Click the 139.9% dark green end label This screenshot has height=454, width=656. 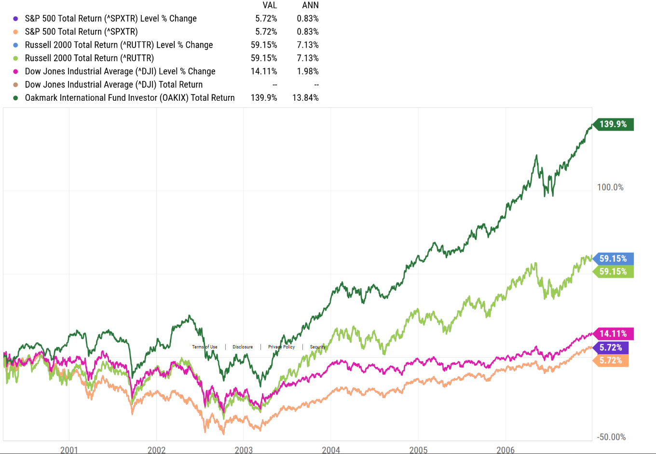tap(613, 124)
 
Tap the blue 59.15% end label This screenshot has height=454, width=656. tap(613, 259)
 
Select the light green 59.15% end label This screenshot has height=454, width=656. tap(613, 272)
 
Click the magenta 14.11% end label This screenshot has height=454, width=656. tap(613, 334)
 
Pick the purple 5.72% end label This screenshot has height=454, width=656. tap(611, 347)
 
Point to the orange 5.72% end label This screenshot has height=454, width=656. tap(611, 361)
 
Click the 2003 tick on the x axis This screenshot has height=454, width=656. tap(244, 450)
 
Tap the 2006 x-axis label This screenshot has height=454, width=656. tap(506, 450)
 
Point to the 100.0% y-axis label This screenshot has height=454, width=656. tap(610, 187)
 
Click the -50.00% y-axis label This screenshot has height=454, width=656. tap(611, 437)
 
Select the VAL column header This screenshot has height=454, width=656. tap(270, 5)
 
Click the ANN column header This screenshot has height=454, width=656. tap(310, 5)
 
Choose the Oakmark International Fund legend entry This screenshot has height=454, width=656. tap(130, 98)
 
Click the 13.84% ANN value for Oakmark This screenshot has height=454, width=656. tap(305, 98)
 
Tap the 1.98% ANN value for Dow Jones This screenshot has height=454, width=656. tap(308, 71)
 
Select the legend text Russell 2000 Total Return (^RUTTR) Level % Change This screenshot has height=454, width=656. tap(119, 45)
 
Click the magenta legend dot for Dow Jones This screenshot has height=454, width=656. tap(15, 71)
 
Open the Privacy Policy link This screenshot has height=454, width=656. tap(281, 347)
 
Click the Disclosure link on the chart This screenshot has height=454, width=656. tap(243, 347)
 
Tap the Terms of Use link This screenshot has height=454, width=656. tap(205, 347)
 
